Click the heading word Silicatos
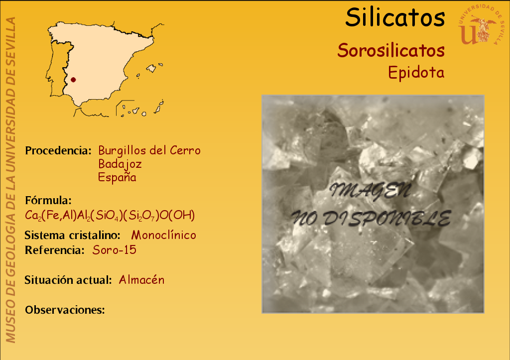tap(395, 17)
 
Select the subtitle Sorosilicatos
tap(391, 50)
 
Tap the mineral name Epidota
tap(416, 72)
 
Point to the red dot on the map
tap(73, 80)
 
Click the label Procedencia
tap(58, 150)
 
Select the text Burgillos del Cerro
tap(149, 150)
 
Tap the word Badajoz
tap(120, 164)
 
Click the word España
tap(117, 177)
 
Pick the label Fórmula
tap(48, 200)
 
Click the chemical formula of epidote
tap(110, 215)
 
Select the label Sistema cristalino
tap(73, 235)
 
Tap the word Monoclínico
tap(163, 235)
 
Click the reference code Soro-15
tap(115, 250)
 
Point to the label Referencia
tap(55, 250)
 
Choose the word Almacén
tap(141, 280)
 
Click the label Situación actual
tap(68, 280)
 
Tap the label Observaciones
tap(65, 310)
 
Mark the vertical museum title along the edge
tap(11, 180)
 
